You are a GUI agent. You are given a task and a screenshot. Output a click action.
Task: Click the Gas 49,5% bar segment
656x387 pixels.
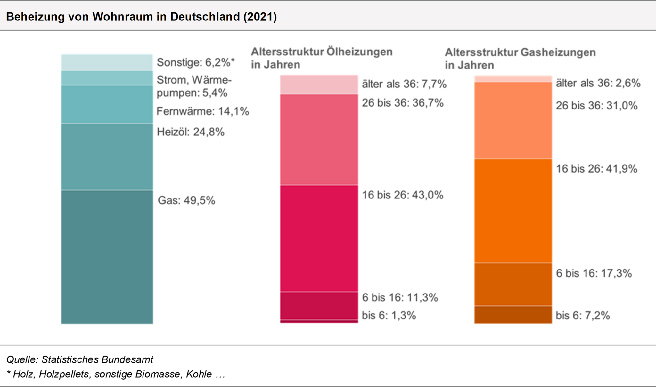click(x=107, y=257)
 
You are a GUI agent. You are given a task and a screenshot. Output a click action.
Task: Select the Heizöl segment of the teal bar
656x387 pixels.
click(x=107, y=157)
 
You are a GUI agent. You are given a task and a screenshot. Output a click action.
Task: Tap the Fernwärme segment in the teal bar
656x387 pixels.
click(x=107, y=104)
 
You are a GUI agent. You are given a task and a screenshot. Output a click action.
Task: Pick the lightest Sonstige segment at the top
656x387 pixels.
click(x=107, y=63)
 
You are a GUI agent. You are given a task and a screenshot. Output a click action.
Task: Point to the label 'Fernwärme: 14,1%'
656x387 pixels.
click(x=203, y=111)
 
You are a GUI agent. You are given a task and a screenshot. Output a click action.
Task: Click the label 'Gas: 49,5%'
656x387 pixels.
click(x=186, y=201)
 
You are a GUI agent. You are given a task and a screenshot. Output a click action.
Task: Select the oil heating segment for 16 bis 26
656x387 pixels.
click(x=319, y=238)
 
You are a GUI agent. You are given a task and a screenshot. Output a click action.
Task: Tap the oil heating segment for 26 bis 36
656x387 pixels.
click(x=319, y=140)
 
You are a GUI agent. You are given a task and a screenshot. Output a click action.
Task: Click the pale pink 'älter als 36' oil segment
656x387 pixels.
click(x=319, y=85)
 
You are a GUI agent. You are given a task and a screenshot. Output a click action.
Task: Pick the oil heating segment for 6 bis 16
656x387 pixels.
click(x=319, y=306)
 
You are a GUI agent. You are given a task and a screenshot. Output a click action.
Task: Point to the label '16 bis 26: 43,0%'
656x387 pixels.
click(x=403, y=195)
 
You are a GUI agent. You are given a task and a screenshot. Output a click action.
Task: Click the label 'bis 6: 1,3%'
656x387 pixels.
click(x=389, y=316)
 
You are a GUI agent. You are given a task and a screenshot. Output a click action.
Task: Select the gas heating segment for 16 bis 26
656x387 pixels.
click(x=513, y=211)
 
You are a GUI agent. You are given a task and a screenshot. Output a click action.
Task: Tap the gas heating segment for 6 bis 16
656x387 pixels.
click(x=513, y=285)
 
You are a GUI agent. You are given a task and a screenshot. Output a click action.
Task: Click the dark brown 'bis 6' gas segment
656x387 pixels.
click(x=513, y=315)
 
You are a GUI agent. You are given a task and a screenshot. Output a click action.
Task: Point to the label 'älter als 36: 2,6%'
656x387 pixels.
click(x=598, y=83)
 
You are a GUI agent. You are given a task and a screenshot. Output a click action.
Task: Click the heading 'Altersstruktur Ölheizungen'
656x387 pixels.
click(x=322, y=52)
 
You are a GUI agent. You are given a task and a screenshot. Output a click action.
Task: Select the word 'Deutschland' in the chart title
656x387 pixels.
click(x=205, y=17)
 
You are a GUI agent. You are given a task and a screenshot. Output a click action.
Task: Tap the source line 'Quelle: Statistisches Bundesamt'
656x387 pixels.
click(x=80, y=359)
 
